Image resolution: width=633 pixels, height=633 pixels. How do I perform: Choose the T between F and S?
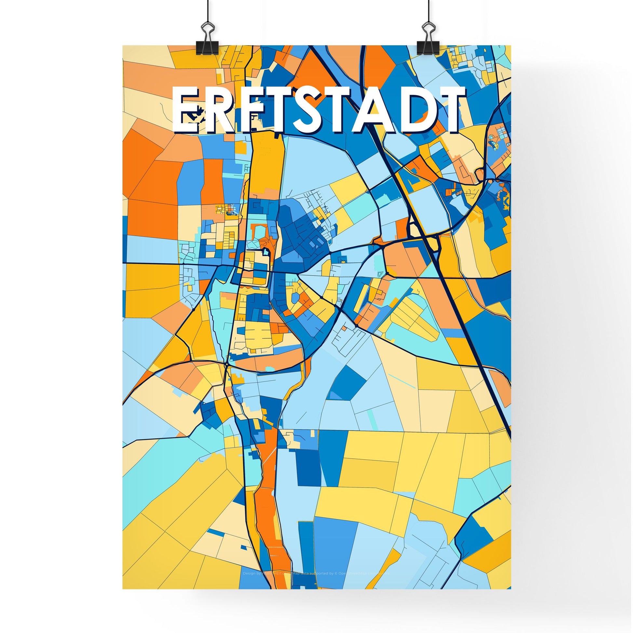tap(280, 110)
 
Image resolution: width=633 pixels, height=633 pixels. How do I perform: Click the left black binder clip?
tap(208, 41)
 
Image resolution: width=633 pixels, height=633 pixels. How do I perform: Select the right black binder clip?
tap(427, 41)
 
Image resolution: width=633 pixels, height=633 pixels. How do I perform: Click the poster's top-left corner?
tap(123, 46)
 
